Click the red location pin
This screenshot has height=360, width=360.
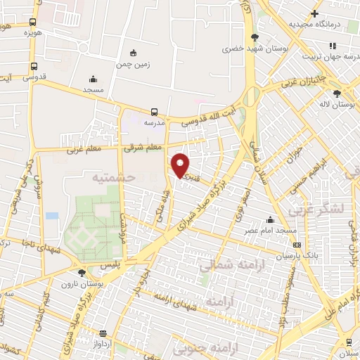(x=181, y=165)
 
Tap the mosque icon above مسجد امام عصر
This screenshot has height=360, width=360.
(x=270, y=219)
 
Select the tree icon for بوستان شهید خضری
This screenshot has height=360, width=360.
(x=255, y=37)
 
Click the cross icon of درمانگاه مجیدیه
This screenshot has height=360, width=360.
(x=315, y=13)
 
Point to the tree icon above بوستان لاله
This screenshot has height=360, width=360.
(x=337, y=94)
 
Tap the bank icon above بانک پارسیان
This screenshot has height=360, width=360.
(x=297, y=245)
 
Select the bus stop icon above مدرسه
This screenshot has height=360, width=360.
(x=154, y=111)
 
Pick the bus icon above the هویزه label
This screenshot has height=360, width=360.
(x=33, y=22)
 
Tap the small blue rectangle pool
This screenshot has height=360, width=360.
(x=52, y=215)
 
